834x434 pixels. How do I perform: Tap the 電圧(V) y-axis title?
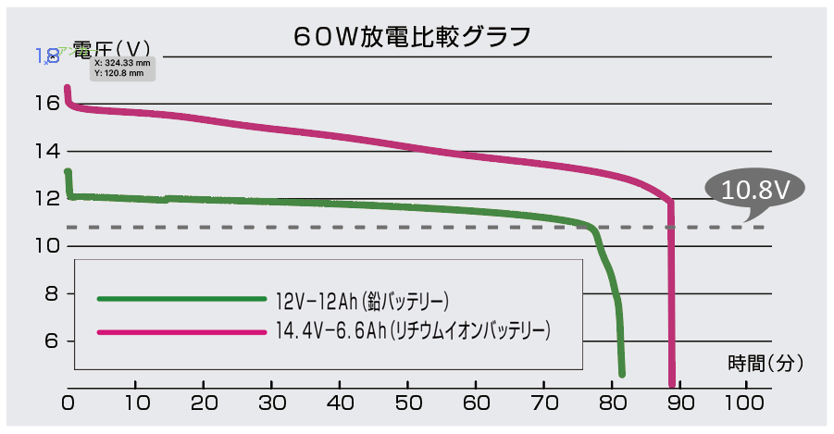(112, 49)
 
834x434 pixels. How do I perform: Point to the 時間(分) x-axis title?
(766, 362)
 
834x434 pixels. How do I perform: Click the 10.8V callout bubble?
(754, 191)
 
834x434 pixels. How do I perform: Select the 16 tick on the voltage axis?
(48, 104)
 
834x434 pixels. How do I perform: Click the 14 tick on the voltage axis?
(48, 151)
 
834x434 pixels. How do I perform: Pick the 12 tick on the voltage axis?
(48, 199)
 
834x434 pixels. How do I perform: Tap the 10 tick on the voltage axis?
(48, 246)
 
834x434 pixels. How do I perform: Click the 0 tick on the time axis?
(68, 403)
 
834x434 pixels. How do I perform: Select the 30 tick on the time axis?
(271, 403)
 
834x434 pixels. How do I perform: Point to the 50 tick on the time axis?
(407, 403)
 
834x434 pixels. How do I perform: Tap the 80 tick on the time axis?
(612, 403)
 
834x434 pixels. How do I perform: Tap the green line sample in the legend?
(180, 299)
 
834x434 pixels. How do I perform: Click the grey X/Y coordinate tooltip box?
(122, 68)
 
